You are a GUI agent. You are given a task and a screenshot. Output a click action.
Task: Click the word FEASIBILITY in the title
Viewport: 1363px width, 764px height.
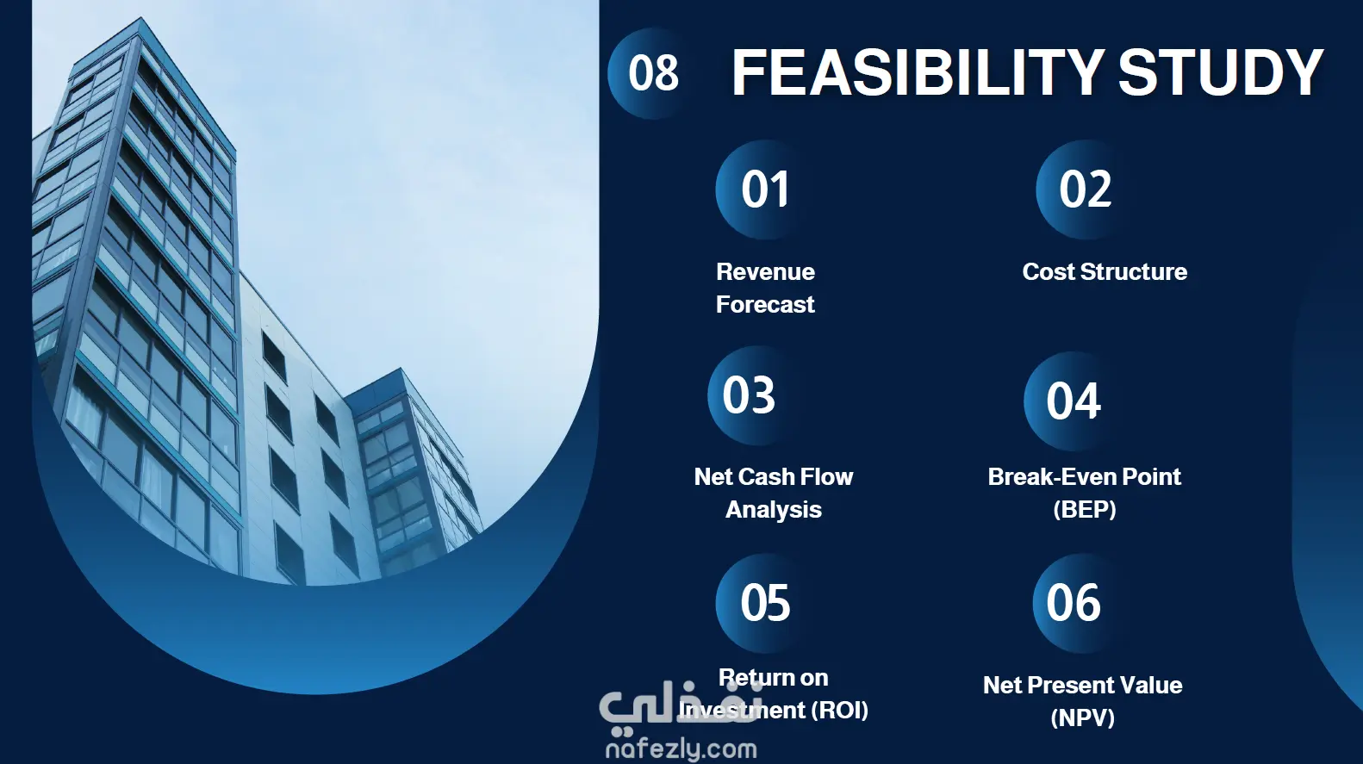918,72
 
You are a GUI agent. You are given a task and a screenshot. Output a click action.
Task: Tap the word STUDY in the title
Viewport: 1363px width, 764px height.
1221,72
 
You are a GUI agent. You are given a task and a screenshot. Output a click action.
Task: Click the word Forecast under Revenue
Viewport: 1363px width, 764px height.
765,304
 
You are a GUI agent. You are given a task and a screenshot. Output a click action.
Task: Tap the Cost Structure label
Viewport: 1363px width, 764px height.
1105,271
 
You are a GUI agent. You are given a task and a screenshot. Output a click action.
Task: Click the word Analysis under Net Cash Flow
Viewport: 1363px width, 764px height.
774,510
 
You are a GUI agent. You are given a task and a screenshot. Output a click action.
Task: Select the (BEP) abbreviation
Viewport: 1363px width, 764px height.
1085,509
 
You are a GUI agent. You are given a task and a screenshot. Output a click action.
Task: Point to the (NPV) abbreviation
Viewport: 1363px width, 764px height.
1082,717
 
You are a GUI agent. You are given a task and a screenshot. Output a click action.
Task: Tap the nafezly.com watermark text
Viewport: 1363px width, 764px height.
681,749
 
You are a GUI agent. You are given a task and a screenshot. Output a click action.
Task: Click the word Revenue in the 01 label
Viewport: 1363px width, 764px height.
765,271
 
